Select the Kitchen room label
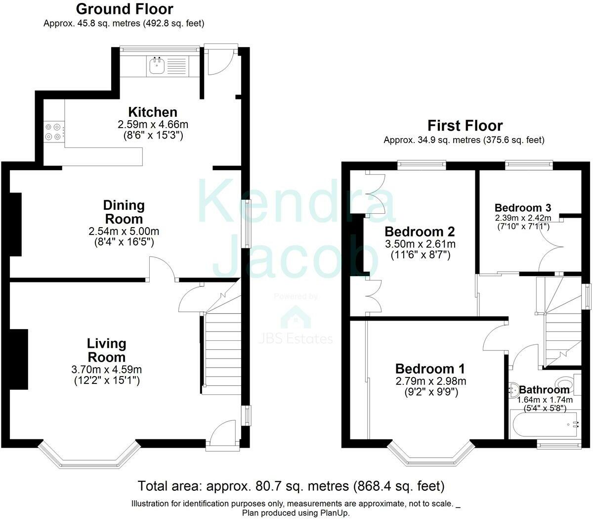pyautogui.click(x=153, y=112)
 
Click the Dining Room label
pyautogui.click(x=124, y=212)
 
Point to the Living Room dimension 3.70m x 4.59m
pyautogui.click(x=106, y=369)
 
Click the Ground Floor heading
pyautogui.click(x=125, y=9)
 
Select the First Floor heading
pyautogui.click(x=465, y=126)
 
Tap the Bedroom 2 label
pyautogui.click(x=420, y=232)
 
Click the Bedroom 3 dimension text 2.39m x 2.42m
pyautogui.click(x=523, y=218)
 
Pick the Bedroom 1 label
pyautogui.click(x=430, y=369)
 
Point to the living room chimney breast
pyautogui.click(x=19, y=359)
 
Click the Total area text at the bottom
pyautogui.click(x=291, y=486)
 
